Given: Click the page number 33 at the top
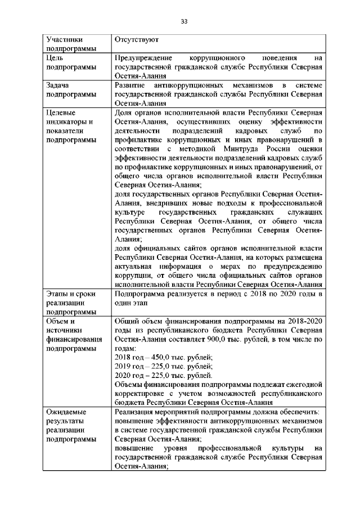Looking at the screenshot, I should tap(183, 21).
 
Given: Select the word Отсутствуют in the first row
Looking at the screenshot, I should tap(136, 40).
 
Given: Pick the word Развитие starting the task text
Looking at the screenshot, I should tap(130, 85).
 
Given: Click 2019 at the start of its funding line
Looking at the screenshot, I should tap(123, 367).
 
